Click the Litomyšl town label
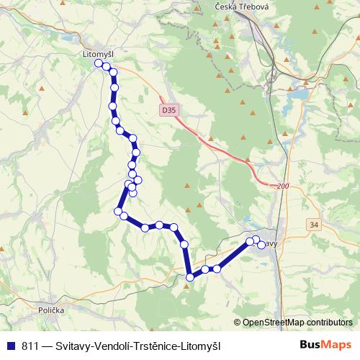tap(94, 53)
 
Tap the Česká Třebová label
tap(240, 6)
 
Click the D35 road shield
tap(168, 110)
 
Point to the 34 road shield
tap(313, 225)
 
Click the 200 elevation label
tap(282, 186)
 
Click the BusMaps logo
tap(326, 345)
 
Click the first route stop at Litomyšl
tap(99, 63)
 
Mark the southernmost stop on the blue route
tap(189, 276)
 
